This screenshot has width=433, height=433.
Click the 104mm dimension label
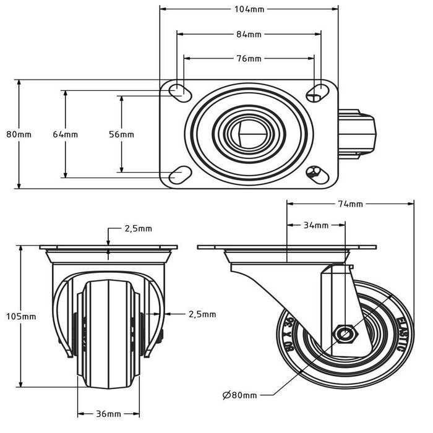coord(249,9)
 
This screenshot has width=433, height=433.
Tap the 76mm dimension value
coord(249,59)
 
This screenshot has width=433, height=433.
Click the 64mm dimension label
coord(65,134)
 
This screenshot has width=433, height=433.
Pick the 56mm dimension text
coord(121,134)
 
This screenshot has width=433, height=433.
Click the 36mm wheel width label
coord(109,414)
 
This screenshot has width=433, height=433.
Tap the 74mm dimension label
coord(350,204)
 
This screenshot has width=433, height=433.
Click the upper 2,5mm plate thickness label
coord(138,228)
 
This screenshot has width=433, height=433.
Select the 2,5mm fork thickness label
coord(202,314)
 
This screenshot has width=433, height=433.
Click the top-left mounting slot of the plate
coord(179,91)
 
